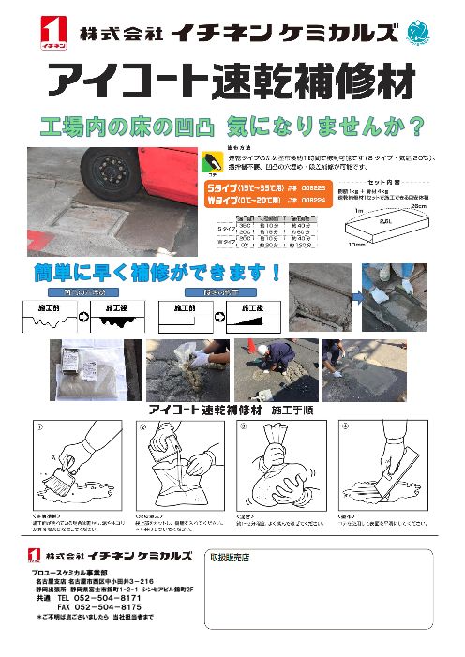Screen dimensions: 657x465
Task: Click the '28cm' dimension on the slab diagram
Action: [x=420, y=205]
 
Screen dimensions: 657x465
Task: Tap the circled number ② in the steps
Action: [x=143, y=427]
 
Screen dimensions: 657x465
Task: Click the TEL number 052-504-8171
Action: [x=98, y=597]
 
